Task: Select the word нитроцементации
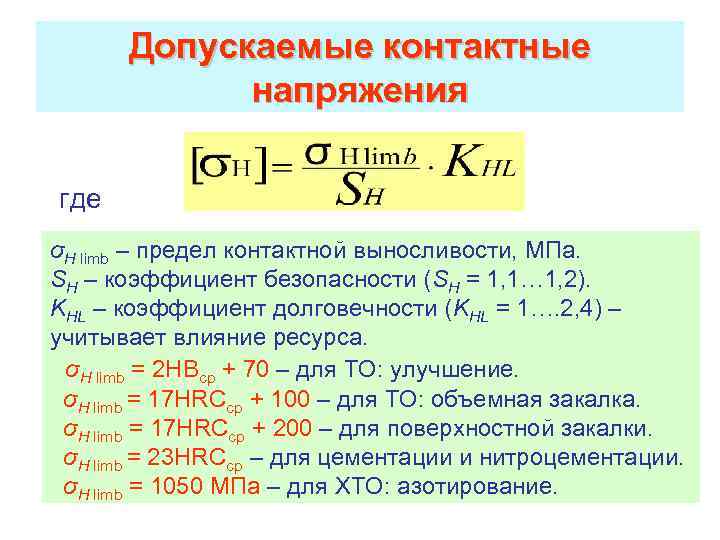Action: (599, 458)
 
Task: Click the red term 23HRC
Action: (190, 458)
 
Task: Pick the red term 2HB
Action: (176, 370)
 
